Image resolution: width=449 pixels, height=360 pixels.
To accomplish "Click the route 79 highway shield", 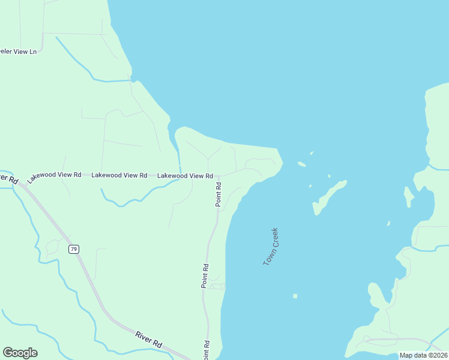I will pyautogui.click(x=73, y=249).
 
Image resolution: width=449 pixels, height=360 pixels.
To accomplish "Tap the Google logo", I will pyautogui.click(x=20, y=353).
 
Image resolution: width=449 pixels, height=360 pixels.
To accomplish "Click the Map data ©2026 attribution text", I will pyautogui.click(x=423, y=355).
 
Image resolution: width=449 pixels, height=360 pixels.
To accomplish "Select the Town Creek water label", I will pyautogui.click(x=271, y=247).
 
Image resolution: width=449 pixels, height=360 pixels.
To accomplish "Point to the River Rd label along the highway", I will pyautogui.click(x=148, y=340).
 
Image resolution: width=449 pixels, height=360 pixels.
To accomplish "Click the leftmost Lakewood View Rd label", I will pyautogui.click(x=54, y=175).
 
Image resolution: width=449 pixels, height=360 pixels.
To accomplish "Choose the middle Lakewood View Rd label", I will pyautogui.click(x=119, y=175).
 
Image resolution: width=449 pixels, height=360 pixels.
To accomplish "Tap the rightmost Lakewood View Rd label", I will pyautogui.click(x=185, y=176).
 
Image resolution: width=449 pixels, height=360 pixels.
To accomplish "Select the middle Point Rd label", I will pyautogui.click(x=205, y=276).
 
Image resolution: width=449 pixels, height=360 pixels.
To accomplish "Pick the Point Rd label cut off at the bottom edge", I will pyautogui.click(x=206, y=350).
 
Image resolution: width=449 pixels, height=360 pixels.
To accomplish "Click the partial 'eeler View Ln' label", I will pyautogui.click(x=18, y=52).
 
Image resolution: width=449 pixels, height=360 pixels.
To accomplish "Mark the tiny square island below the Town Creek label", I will pyautogui.click(x=295, y=296).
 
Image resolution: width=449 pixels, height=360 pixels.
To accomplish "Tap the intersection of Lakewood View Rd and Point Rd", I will pyautogui.click(x=218, y=176).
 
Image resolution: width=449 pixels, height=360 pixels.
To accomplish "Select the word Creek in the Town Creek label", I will pyautogui.click(x=275, y=238).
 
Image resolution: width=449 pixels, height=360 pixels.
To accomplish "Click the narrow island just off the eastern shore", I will pyautogui.click(x=408, y=196).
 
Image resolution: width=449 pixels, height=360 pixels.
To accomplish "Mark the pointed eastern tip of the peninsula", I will pyautogui.click(x=282, y=161).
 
